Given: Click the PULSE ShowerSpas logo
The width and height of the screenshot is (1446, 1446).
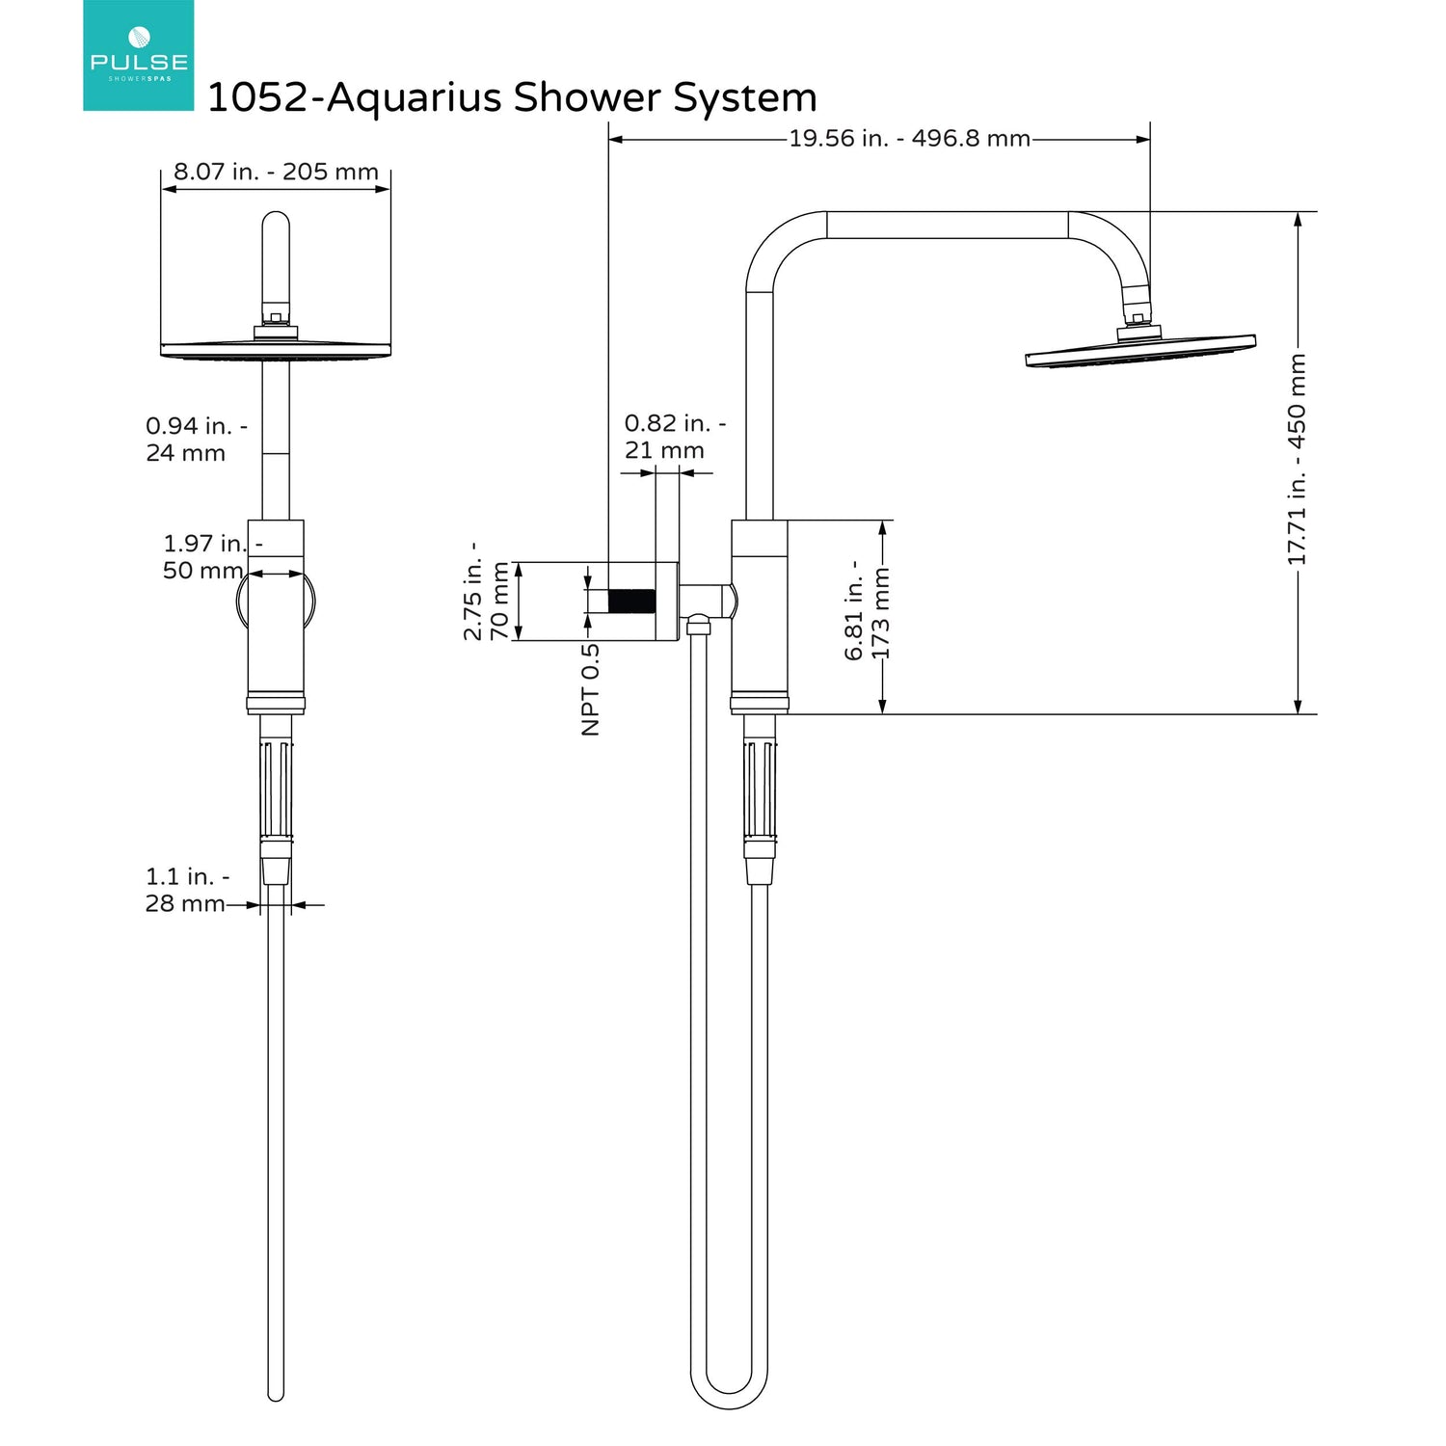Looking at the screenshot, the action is click(x=138, y=55).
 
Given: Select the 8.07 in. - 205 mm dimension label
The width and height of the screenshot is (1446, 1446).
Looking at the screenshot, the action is click(x=276, y=172).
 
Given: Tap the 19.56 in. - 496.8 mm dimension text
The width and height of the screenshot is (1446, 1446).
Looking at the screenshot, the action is click(x=910, y=138).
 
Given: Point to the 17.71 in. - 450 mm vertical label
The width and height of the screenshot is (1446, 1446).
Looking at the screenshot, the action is click(x=1297, y=460).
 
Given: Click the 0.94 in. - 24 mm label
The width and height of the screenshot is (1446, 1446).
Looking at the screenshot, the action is click(x=196, y=439).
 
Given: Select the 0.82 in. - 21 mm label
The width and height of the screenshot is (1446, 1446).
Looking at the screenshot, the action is click(x=675, y=436).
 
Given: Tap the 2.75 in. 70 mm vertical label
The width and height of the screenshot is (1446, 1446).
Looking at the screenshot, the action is click(x=486, y=591).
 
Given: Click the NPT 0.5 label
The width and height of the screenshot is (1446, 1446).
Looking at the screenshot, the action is click(x=591, y=689).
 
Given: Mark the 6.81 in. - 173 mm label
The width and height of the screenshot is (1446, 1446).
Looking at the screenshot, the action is click(x=868, y=610).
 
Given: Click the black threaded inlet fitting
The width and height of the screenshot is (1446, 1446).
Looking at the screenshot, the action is click(x=632, y=601).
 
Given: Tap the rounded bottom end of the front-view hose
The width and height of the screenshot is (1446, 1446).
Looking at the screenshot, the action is click(x=276, y=1393).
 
